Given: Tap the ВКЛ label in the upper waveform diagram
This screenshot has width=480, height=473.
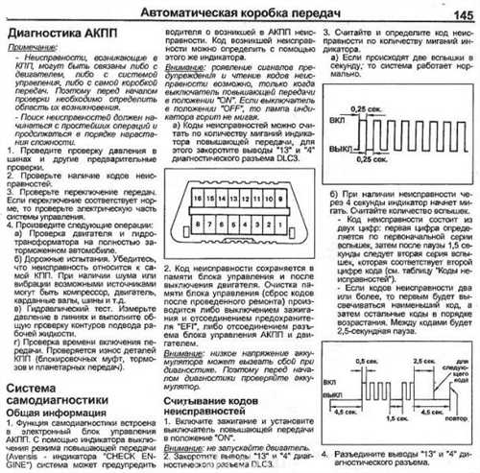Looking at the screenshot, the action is (x=336, y=125).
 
